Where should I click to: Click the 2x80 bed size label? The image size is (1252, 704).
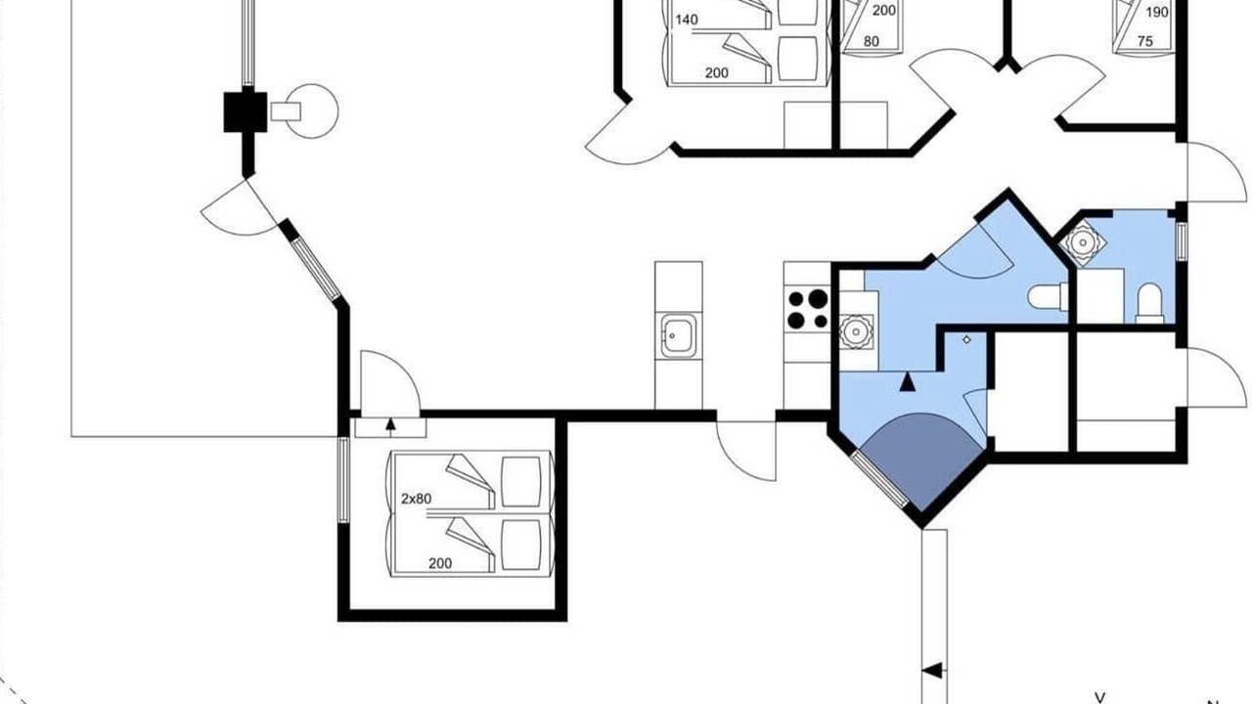point(417,499)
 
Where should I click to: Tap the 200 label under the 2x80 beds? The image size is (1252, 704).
point(440,563)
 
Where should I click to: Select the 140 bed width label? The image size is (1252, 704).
point(687,20)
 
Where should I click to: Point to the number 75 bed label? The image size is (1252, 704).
point(1145,41)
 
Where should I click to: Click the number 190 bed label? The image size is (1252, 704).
point(1157,12)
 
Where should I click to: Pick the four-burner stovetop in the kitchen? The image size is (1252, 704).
point(807,309)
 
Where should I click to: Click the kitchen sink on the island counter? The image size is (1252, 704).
point(679,335)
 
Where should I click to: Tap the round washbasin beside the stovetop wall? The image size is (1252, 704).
point(856,331)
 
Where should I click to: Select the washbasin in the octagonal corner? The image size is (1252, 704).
point(1083,242)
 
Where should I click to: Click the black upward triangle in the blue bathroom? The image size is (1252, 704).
point(907,381)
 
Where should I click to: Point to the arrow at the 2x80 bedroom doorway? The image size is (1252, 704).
point(390,425)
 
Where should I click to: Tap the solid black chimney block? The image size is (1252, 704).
point(246,112)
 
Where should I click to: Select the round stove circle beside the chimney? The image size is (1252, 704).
point(311,111)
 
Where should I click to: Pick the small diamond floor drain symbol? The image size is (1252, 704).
point(967,339)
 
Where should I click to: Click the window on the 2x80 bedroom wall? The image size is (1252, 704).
point(343,480)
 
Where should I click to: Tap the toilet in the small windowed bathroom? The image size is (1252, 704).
point(1149,303)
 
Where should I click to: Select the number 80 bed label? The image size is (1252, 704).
point(872,41)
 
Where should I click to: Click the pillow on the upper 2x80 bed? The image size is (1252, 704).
point(521,482)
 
